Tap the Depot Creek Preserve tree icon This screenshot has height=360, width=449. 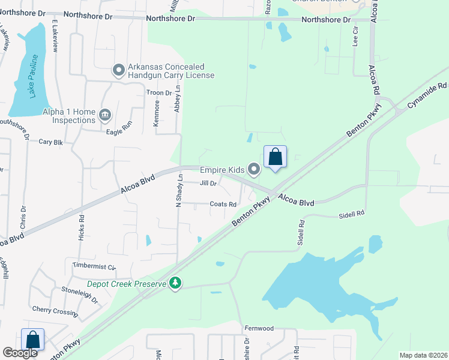(175, 283)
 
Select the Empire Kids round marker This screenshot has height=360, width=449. (254, 170)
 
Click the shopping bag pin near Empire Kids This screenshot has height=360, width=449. (275, 157)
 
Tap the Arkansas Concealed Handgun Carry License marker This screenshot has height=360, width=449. (118, 71)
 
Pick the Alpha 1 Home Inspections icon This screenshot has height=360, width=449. (105, 114)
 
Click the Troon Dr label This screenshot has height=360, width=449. (159, 93)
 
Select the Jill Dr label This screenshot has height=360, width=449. (207, 183)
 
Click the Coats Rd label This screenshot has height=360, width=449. (223, 204)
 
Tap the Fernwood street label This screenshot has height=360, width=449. (259, 328)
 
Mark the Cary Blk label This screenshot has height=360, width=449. (50, 142)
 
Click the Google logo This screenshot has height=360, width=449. (20, 353)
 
